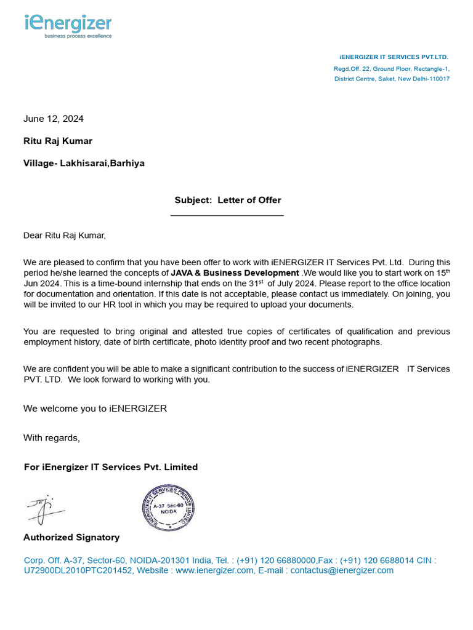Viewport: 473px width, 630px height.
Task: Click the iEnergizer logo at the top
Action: [x=68, y=25]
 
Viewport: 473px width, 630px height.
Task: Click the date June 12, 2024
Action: [x=54, y=119]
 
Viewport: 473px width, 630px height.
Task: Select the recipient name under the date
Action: [x=58, y=141]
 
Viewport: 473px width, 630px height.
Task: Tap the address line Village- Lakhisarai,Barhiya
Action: [x=84, y=164]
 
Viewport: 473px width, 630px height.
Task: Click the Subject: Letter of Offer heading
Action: [x=227, y=200]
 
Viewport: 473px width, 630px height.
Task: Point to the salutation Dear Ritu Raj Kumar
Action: [x=65, y=235]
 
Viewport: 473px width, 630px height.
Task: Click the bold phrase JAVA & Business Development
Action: [x=235, y=273]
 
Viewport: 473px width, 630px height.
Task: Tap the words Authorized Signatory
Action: [x=71, y=537]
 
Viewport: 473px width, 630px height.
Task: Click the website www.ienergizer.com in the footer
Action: [x=214, y=570]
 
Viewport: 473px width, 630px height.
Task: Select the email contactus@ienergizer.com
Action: [x=341, y=570]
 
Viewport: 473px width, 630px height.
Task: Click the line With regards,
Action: [x=52, y=438]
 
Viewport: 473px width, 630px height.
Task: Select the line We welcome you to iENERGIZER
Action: [x=95, y=409]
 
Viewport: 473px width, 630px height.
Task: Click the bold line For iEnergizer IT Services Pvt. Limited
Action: [x=111, y=467]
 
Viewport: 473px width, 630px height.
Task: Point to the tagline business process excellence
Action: [x=78, y=36]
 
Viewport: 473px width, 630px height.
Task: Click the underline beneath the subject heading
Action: [x=227, y=215]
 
